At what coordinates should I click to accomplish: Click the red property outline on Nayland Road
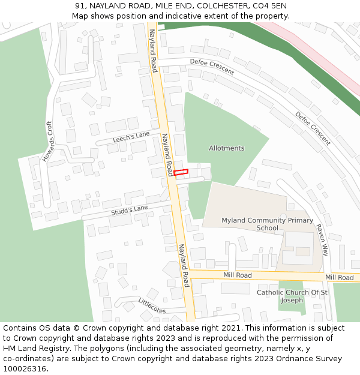click(x=181, y=172)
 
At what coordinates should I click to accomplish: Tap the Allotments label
click(x=226, y=148)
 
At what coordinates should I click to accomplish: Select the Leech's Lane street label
click(x=131, y=138)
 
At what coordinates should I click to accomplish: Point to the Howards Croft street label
click(x=48, y=142)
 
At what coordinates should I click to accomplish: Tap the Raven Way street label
click(x=322, y=240)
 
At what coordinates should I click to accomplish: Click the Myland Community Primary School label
click(x=267, y=224)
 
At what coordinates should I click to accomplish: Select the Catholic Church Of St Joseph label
click(x=292, y=296)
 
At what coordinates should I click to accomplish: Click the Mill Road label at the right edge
click(x=339, y=277)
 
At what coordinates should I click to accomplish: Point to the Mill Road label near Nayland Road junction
click(x=238, y=275)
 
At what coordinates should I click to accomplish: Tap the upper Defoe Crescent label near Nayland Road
click(x=212, y=66)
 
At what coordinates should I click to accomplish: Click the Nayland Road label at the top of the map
click(x=153, y=50)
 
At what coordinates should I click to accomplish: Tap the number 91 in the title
click(x=80, y=6)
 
